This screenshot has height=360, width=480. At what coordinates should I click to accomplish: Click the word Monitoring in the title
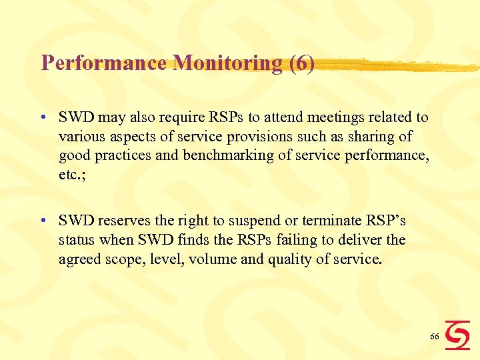pos(227,63)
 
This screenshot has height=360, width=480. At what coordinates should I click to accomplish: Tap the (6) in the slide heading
pos(301,63)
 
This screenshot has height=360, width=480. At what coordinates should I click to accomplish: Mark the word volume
pos(211,258)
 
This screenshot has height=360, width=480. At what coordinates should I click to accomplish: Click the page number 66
pos(434,337)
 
